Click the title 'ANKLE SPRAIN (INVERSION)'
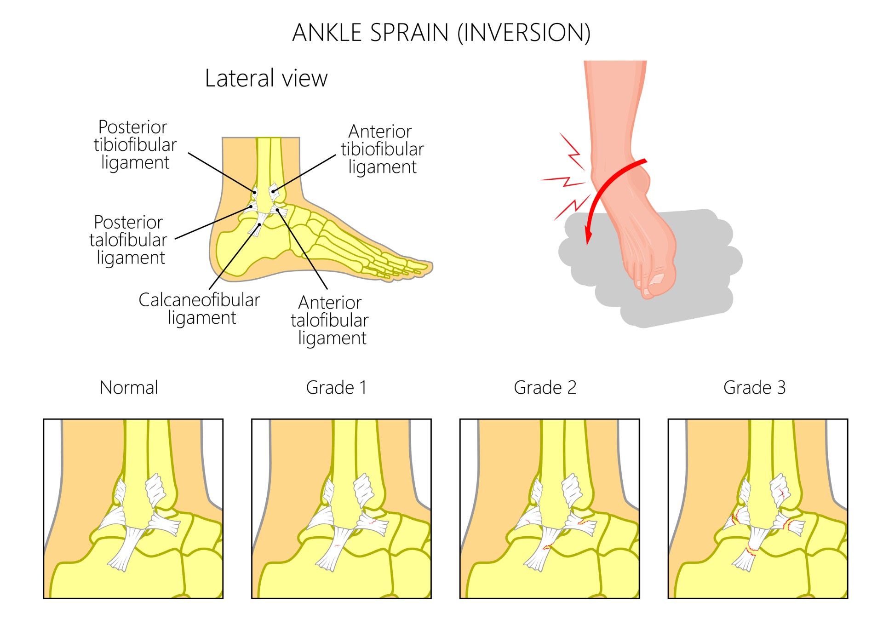click(x=441, y=33)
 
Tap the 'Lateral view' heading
click(x=266, y=78)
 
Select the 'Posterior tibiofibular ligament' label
click(x=135, y=144)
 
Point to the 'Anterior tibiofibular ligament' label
click(x=382, y=149)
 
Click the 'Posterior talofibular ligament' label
click(x=128, y=240)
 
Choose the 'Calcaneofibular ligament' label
click(x=199, y=309)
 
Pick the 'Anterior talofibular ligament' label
click(x=330, y=320)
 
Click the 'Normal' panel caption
click(x=129, y=388)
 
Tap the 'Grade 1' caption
click(x=337, y=388)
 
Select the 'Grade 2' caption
click(x=545, y=388)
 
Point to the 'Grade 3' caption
click(x=754, y=388)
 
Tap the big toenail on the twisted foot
click(x=657, y=278)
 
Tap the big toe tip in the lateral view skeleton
click(x=428, y=265)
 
